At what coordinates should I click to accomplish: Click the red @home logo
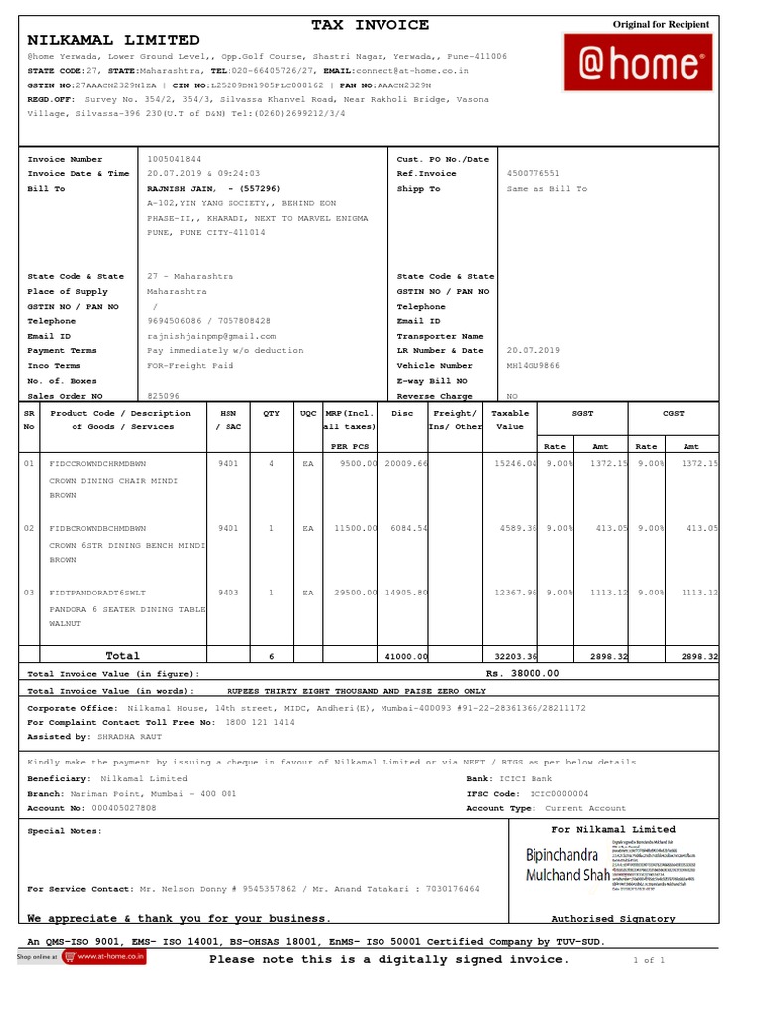pyautogui.click(x=638, y=63)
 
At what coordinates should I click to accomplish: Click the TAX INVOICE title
pyautogui.click(x=371, y=25)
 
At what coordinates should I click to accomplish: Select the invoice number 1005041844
pyautogui.click(x=174, y=159)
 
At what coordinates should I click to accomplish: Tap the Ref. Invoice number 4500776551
pyautogui.click(x=534, y=174)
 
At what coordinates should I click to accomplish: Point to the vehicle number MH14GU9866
pyautogui.click(x=534, y=366)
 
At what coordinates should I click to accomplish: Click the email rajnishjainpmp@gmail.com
pyautogui.click(x=212, y=336)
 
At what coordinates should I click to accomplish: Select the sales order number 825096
pyautogui.click(x=164, y=396)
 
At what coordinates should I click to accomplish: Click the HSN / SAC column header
pyautogui.click(x=228, y=420)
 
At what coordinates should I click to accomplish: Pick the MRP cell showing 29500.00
pyautogui.click(x=353, y=593)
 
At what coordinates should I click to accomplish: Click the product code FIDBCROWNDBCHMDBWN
pyautogui.click(x=97, y=528)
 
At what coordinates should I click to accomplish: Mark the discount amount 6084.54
pyautogui.click(x=406, y=528)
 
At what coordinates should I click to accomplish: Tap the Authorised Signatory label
pyautogui.click(x=613, y=919)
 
